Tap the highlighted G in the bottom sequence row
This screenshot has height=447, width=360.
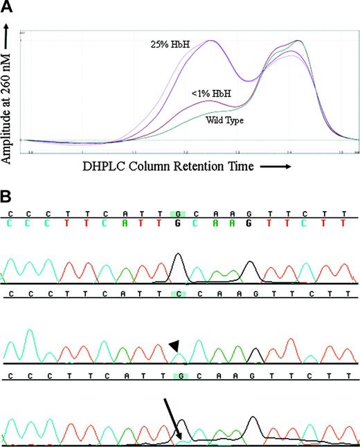178,376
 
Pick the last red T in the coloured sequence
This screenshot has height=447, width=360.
342,223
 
